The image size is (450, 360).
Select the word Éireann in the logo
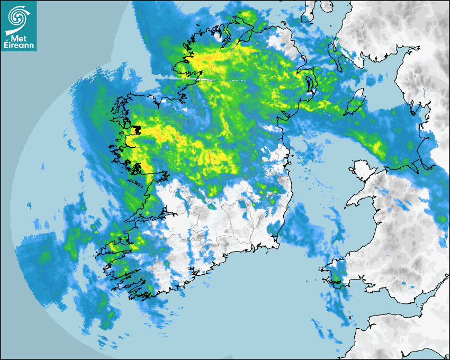click(19, 45)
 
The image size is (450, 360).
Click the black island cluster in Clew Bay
click(137, 129)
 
